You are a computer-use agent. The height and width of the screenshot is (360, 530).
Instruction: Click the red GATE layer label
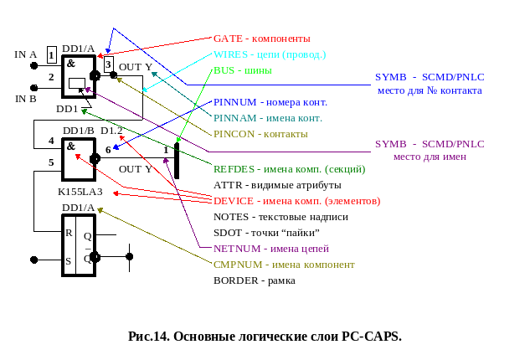pyautogui.click(x=228, y=39)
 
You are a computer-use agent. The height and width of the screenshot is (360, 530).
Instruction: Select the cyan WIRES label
pyautogui.click(x=230, y=54)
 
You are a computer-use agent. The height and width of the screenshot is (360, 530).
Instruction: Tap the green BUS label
pyautogui.click(x=224, y=70)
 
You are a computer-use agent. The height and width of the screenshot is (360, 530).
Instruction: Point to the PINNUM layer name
pyautogui.click(x=235, y=102)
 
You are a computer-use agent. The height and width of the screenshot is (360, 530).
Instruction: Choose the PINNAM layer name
pyautogui.click(x=235, y=118)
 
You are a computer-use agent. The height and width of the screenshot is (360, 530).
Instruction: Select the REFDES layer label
pyautogui.click(x=234, y=169)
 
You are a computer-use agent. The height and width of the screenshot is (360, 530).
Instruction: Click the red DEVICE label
pyautogui.click(x=234, y=201)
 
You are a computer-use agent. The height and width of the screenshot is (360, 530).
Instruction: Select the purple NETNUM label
pyautogui.click(x=237, y=249)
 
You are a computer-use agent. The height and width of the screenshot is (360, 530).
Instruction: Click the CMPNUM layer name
pyautogui.click(x=238, y=265)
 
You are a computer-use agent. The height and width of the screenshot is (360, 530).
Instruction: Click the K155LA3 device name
pyautogui.click(x=80, y=192)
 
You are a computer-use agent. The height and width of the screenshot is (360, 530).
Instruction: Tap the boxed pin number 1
pyautogui.click(x=51, y=55)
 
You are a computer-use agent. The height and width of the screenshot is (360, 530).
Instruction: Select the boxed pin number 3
pyautogui.click(x=108, y=64)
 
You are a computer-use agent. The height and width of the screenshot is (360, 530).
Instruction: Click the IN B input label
pyautogui.click(x=26, y=99)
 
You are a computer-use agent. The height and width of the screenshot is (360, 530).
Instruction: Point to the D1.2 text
pyautogui.click(x=111, y=131)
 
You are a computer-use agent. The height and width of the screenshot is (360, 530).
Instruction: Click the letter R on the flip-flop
pyautogui.click(x=69, y=233)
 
